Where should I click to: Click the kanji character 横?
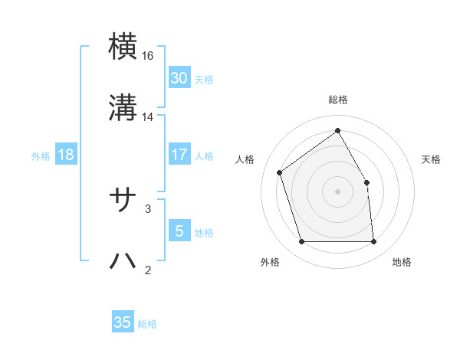click(x=124, y=47)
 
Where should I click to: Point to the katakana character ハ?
click(x=124, y=260)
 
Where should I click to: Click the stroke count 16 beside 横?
click(x=148, y=56)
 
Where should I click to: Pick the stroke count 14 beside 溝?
click(x=148, y=117)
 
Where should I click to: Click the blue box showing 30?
click(x=179, y=78)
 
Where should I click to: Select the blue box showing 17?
click(x=179, y=155)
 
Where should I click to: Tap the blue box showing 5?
click(x=179, y=231)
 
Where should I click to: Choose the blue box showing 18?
click(x=66, y=155)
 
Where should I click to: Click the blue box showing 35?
click(x=123, y=322)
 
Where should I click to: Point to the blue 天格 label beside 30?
click(x=204, y=80)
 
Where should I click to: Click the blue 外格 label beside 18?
click(x=41, y=156)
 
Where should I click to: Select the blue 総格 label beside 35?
click(x=147, y=324)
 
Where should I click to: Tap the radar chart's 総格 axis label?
click(x=338, y=100)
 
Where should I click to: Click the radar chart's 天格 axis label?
click(x=432, y=159)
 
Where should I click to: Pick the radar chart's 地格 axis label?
click(x=402, y=262)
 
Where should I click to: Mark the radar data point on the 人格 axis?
click(x=281, y=172)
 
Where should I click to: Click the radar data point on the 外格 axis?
click(x=302, y=242)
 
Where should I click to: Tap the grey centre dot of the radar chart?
click(x=338, y=191)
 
